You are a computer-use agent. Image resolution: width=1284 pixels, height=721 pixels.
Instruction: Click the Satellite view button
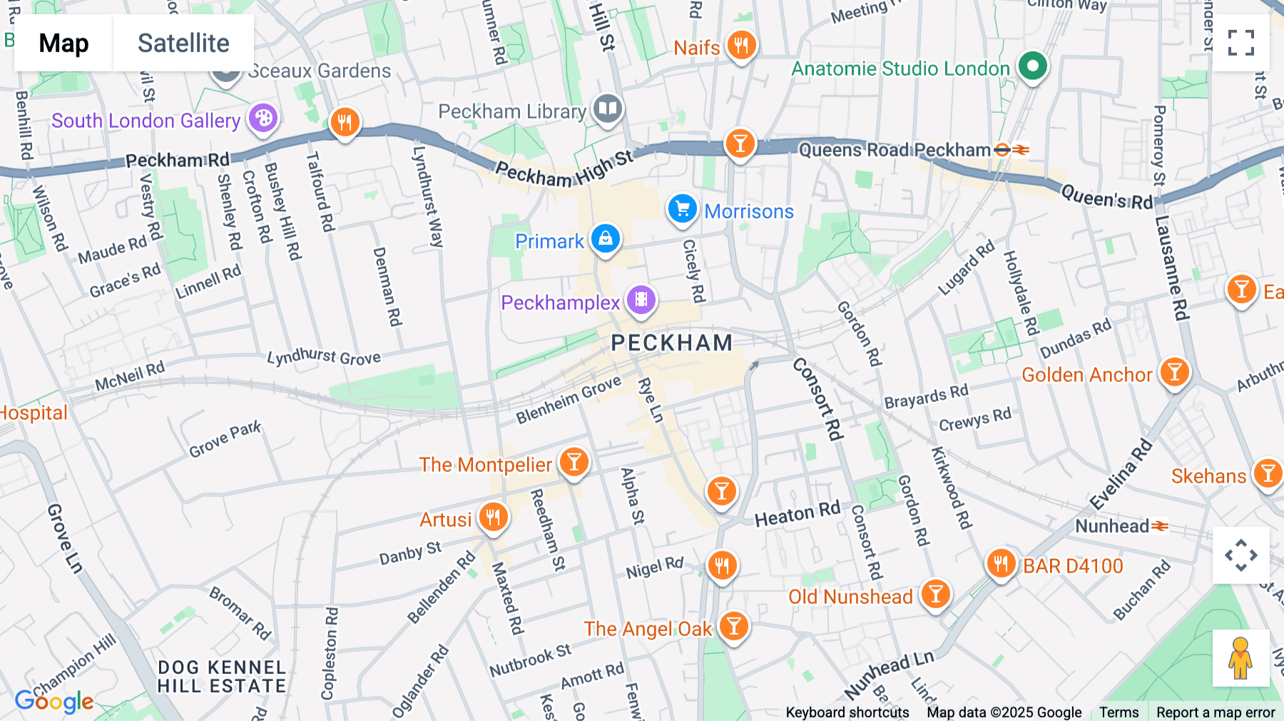pos(183,43)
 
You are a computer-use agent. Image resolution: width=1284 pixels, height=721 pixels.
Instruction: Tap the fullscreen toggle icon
pos(1240,43)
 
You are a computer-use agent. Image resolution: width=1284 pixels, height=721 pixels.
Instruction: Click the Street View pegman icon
pos(1240,658)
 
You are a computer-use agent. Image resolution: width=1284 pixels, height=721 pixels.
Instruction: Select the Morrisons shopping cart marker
pos(682,209)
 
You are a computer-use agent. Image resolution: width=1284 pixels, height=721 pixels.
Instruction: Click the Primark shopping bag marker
pos(605,239)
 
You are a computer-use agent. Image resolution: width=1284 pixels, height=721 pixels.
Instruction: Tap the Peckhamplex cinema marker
pos(641,301)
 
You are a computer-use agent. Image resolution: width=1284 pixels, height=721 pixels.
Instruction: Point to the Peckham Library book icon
pos(607,110)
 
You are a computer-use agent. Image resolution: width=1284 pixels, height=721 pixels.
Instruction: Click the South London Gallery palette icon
pos(263,118)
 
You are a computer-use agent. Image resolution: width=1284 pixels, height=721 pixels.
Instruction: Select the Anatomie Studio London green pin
pos(1031,66)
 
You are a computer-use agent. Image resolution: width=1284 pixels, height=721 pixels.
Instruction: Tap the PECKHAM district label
pos(671,343)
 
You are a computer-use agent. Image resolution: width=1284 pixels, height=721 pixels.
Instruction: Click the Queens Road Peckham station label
pos(895,150)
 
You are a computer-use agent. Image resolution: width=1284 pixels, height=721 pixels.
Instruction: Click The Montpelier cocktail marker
pos(574,463)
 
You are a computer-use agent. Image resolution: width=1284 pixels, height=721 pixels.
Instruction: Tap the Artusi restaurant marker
pos(493,517)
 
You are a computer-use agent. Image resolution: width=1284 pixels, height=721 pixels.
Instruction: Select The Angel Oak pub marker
pos(733,627)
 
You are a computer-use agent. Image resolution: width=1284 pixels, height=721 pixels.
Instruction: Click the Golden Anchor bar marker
pos(1174,373)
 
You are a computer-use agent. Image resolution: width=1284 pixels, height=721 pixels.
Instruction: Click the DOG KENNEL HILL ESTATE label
pos(221,677)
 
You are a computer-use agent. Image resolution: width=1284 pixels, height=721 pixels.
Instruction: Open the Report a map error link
pos(1215,712)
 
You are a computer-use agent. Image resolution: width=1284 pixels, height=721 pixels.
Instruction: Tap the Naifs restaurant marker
pos(741,46)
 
